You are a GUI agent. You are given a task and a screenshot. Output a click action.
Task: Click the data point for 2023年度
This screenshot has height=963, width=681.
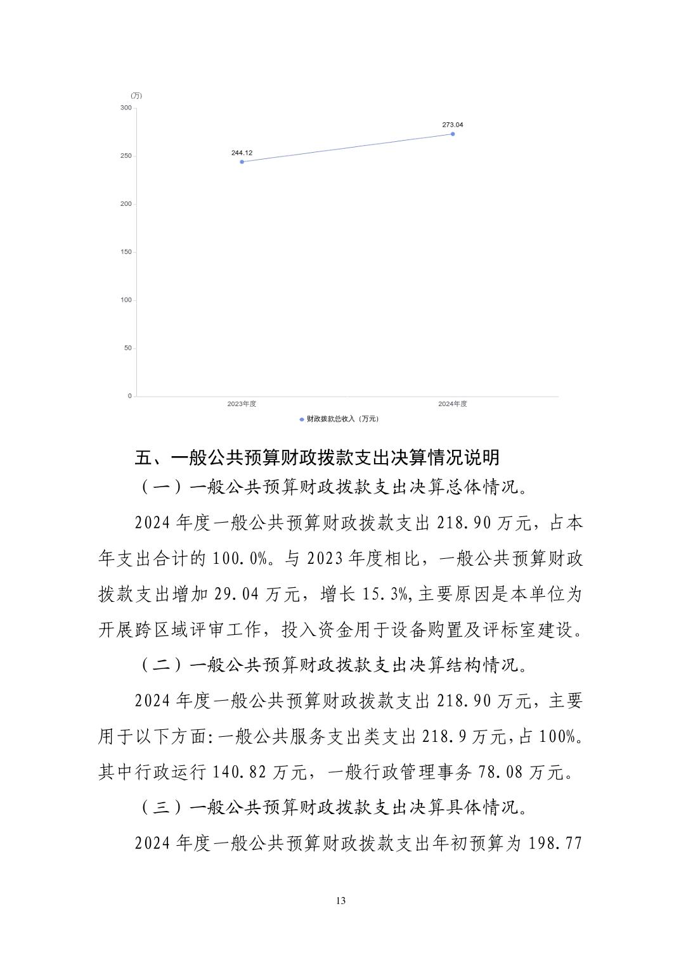click(242, 162)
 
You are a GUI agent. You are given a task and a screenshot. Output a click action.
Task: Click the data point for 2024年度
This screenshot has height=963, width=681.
click(452, 134)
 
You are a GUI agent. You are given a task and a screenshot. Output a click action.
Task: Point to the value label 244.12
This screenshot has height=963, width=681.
click(242, 153)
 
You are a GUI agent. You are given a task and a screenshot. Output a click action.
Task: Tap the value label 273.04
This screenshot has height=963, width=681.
click(452, 125)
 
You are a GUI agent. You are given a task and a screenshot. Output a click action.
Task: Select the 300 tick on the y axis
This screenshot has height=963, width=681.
click(126, 108)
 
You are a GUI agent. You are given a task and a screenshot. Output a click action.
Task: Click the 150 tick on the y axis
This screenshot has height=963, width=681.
click(126, 252)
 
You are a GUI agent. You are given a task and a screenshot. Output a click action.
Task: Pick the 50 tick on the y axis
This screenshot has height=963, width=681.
click(127, 348)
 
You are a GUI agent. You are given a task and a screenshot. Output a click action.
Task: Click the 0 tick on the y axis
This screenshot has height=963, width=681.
click(129, 396)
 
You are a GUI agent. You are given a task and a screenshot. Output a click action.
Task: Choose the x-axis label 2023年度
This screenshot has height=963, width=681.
click(242, 404)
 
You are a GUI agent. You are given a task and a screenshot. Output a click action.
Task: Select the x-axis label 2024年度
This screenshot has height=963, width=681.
click(452, 404)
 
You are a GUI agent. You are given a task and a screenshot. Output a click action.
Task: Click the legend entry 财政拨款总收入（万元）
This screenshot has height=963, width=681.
click(340, 419)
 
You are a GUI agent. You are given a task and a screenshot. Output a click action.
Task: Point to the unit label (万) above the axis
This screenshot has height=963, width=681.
click(136, 96)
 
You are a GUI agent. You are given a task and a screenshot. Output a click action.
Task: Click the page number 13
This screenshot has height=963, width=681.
click(340, 901)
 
